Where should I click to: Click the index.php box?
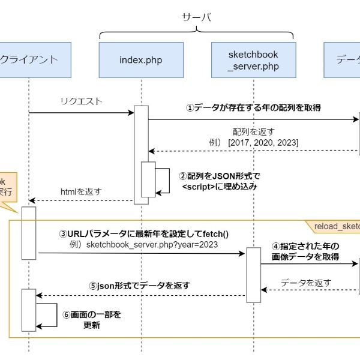point(141,59)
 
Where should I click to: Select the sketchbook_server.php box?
point(253,59)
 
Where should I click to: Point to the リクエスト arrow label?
point(82,101)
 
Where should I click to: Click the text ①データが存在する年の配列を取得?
point(253,108)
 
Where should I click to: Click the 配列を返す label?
point(253,131)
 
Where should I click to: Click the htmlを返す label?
point(81,192)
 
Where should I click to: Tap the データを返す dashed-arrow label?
point(305,282)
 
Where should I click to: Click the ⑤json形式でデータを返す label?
point(139,286)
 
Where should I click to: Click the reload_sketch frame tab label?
point(337,226)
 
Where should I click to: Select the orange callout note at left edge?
point(7,187)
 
